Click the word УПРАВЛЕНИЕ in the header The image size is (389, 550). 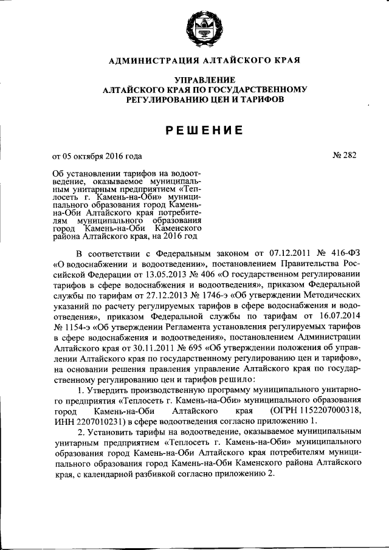[x=205, y=80]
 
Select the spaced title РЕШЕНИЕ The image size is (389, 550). [x=205, y=129]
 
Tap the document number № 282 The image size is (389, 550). [x=344, y=155]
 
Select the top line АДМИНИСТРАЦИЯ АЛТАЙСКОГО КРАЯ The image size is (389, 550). [x=205, y=60]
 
